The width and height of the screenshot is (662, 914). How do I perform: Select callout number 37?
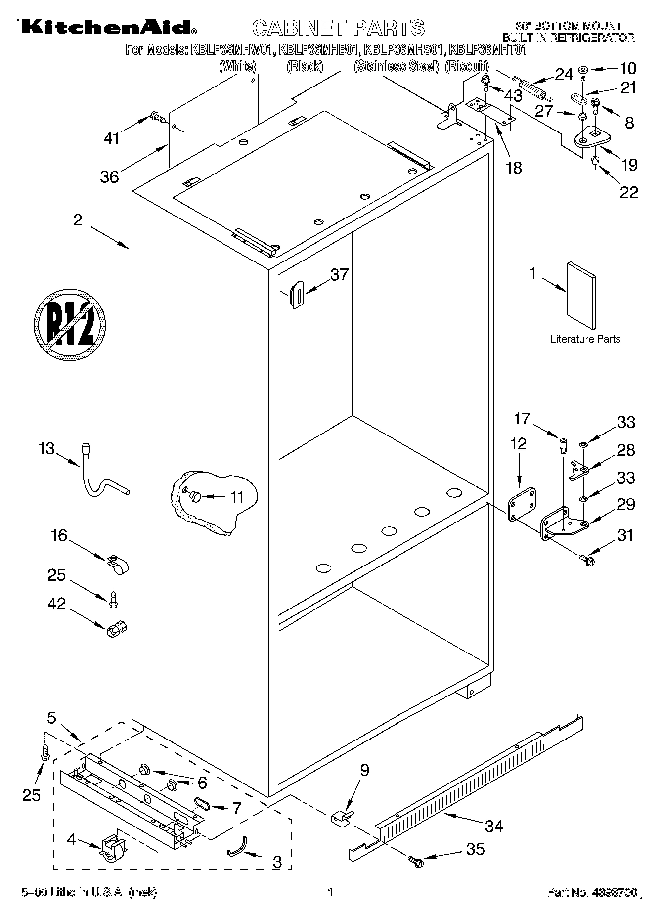tap(339, 275)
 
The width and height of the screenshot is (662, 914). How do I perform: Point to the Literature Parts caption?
tap(585, 339)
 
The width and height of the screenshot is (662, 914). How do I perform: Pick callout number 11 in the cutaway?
tap(237, 497)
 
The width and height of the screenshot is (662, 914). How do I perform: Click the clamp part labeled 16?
tap(117, 566)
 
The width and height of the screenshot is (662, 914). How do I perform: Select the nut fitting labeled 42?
tap(116, 629)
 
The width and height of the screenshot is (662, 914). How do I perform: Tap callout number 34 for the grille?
tap(494, 825)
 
